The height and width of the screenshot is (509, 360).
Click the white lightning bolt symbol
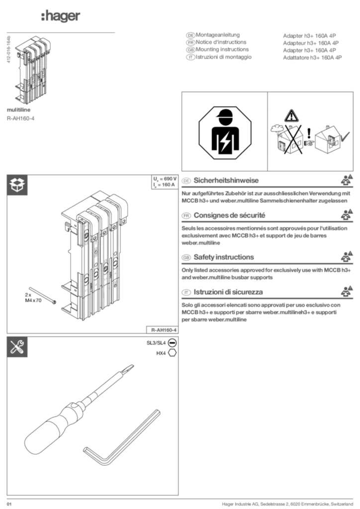(x=225, y=142)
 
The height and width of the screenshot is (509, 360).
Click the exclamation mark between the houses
(x=309, y=133)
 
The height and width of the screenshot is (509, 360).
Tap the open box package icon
(x=17, y=185)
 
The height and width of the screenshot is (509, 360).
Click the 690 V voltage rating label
(x=165, y=178)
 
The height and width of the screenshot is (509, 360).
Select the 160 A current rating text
(x=165, y=185)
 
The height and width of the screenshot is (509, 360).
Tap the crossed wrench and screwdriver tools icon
(x=17, y=347)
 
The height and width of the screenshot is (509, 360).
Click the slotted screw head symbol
(x=172, y=342)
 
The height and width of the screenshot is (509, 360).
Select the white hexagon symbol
(x=172, y=352)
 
